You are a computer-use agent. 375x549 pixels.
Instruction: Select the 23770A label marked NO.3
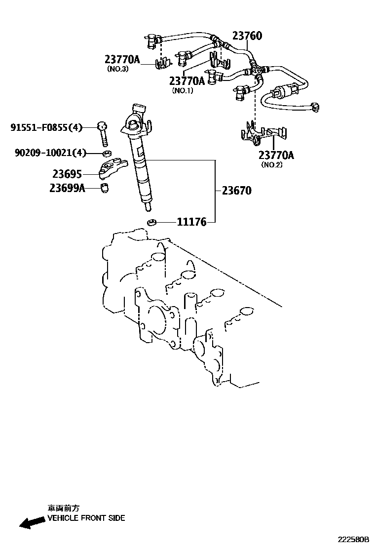122,60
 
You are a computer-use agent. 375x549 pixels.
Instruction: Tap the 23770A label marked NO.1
187,81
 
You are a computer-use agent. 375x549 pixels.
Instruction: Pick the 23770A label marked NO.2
276,156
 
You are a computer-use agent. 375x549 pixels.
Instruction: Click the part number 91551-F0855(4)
46,127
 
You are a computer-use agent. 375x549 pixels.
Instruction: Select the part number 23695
67,174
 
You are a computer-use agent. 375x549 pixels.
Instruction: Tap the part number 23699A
67,188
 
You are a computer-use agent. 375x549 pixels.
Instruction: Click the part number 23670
236,191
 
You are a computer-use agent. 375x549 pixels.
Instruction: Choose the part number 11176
191,222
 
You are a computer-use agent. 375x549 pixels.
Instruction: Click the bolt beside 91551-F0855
103,133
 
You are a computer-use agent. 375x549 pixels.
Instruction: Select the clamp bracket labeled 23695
112,168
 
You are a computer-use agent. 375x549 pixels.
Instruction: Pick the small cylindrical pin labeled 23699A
105,188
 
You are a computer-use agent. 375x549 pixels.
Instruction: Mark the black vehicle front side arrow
31,522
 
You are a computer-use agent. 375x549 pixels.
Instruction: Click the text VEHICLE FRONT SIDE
86,518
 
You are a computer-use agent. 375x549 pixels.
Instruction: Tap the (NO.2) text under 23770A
272,165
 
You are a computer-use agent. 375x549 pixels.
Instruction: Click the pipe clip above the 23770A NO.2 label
263,132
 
